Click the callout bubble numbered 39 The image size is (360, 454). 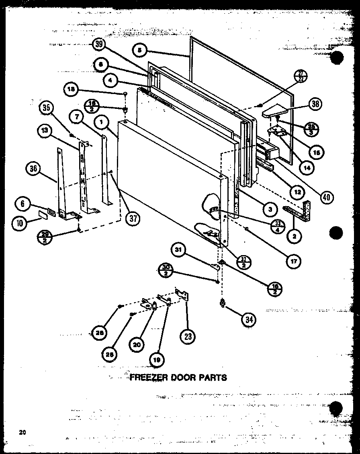[98, 45]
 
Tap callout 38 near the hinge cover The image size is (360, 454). [316, 104]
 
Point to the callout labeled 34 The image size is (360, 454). [249, 319]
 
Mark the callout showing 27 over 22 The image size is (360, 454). [301, 76]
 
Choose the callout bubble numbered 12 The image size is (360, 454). [297, 192]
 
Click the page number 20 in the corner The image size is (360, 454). [22, 432]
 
